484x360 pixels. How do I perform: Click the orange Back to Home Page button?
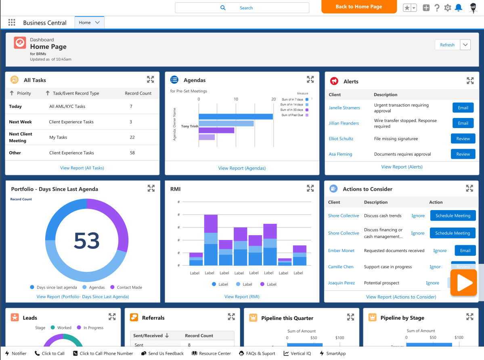coord(359,7)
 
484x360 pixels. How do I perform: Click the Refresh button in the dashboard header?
coord(447,45)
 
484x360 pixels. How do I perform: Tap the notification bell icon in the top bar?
coord(459,8)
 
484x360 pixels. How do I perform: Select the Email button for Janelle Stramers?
coord(463,108)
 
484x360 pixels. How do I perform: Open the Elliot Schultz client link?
coord(341,139)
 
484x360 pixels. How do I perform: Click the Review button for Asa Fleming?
coord(463,154)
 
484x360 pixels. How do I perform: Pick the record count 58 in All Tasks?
coord(132,153)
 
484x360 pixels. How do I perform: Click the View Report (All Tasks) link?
coord(82,168)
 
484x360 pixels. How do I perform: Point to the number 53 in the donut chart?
coord(87,240)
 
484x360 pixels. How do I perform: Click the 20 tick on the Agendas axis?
coord(273,99)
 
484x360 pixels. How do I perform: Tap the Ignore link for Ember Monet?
coord(440,251)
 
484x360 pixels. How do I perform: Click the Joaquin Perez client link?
coord(341,283)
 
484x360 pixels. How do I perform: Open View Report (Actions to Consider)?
coord(401,297)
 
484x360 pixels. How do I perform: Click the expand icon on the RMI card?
coord(310,188)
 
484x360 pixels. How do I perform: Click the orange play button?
coord(464,283)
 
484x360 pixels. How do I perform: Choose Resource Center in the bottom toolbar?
coord(211,353)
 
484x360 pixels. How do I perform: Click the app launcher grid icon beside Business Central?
coord(12,23)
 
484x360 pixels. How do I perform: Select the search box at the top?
coord(242,8)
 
